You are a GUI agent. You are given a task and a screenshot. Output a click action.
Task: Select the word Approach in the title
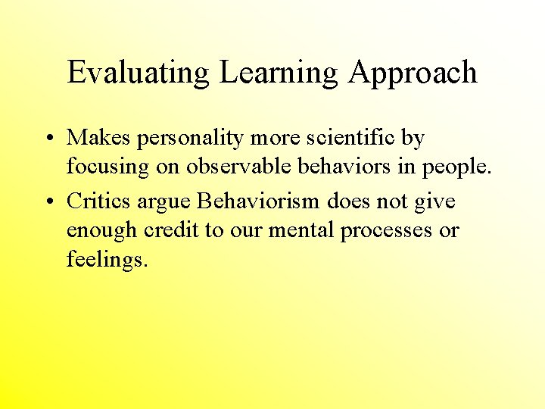413,73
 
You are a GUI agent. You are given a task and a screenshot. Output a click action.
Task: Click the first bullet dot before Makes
48,139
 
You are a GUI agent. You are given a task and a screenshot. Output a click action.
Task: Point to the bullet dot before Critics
48,202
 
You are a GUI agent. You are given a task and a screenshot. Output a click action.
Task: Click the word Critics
99,201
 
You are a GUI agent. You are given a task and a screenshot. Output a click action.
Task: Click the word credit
170,230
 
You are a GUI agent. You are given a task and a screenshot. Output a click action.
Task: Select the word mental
301,230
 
